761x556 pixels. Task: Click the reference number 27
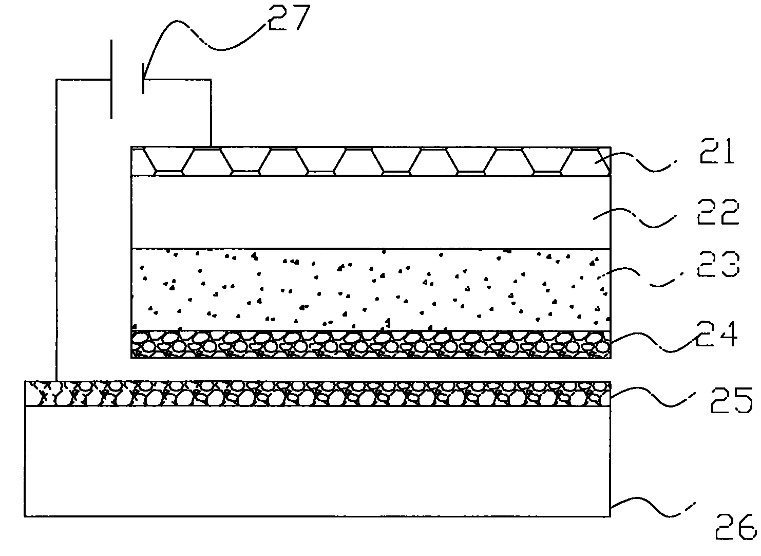289,17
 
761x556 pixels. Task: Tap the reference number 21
716,151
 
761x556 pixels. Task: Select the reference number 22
718,212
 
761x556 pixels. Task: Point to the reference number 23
718,264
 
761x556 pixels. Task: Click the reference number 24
716,334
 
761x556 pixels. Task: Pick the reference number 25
731,400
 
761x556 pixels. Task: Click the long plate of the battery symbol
111,80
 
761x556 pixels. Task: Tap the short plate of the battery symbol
143,78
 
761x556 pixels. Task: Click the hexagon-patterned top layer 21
371,161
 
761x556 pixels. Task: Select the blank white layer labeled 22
371,212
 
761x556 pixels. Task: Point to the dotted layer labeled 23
371,290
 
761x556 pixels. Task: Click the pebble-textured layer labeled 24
371,344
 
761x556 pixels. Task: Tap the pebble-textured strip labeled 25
317,394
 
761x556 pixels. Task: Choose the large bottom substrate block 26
317,461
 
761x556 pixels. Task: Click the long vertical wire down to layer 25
56,230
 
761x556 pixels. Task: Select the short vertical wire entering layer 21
211,113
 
